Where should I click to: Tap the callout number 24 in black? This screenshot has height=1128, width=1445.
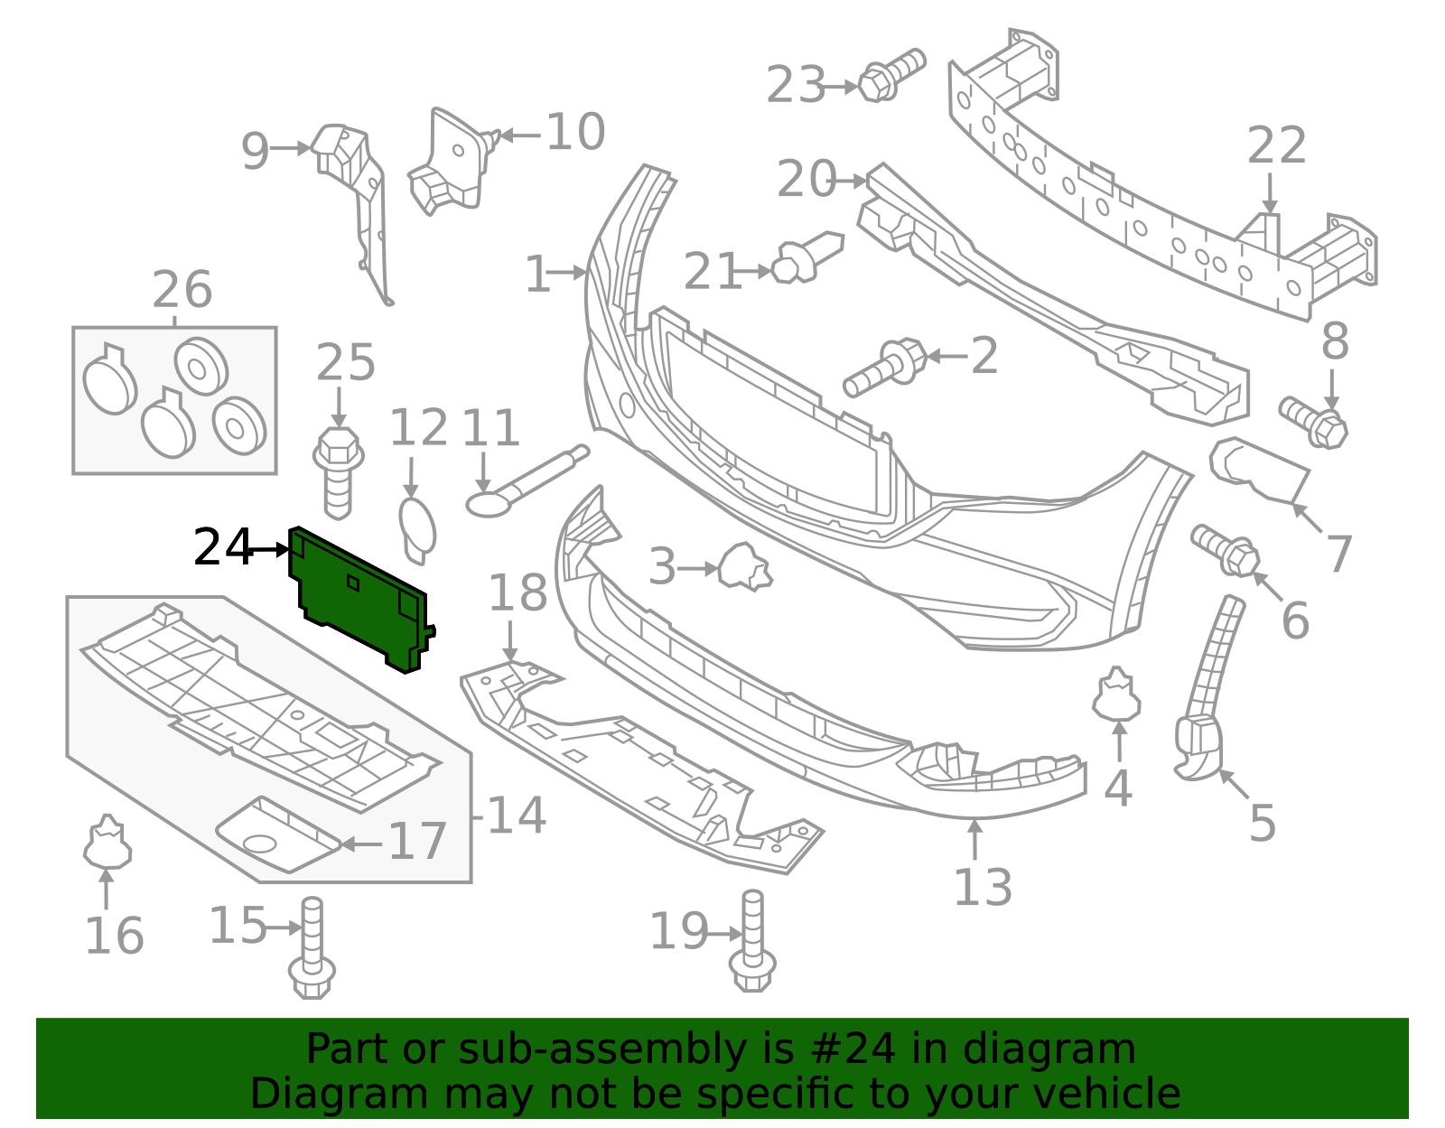pos(222,548)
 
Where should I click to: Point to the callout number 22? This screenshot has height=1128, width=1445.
pos(1276,146)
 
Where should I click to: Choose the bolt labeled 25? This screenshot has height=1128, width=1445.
pos(338,473)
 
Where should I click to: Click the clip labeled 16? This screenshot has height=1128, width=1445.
pos(107,842)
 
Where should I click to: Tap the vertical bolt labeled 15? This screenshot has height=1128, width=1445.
pos(312,948)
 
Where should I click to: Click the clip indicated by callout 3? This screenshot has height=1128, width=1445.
pos(744,567)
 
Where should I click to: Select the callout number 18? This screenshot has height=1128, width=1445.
pos(517,593)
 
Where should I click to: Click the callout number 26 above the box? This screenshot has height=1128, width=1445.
pos(182,290)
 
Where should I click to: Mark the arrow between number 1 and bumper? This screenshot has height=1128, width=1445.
pos(570,272)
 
